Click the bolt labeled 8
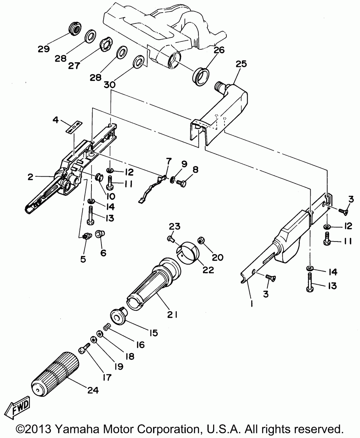[181, 183]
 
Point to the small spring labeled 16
[106, 327]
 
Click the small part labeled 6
[100, 234]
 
